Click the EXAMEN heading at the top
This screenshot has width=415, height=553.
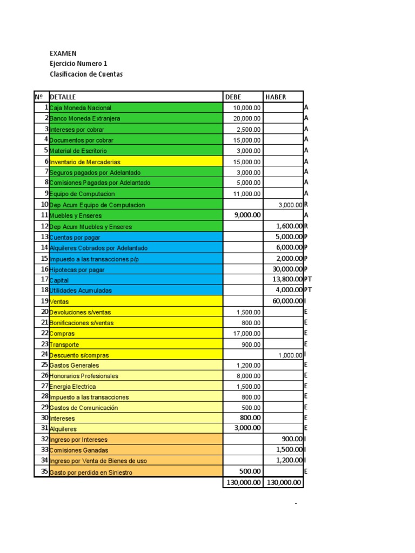(63, 53)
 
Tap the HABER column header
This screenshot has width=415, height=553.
(276, 97)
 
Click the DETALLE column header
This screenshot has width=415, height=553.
(63, 97)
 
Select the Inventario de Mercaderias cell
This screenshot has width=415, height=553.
(85, 161)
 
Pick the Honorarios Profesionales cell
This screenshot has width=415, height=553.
(84, 376)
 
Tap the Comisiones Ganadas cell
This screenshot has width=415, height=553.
(79, 450)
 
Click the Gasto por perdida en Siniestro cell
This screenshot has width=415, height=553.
(90, 473)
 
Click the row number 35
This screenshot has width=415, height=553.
(45, 471)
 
